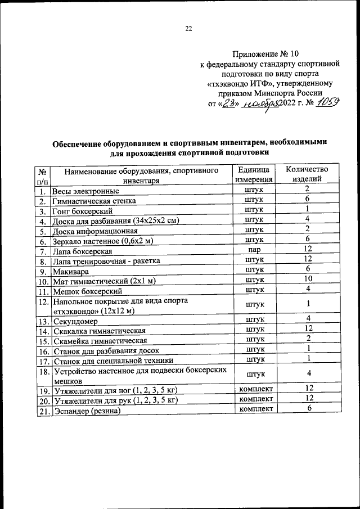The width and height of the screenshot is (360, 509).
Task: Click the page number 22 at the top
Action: click(x=189, y=29)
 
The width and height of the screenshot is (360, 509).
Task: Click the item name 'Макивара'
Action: click(x=71, y=271)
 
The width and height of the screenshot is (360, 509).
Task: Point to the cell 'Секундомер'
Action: click(x=75, y=321)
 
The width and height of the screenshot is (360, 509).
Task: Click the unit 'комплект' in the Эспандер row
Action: click(x=256, y=409)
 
